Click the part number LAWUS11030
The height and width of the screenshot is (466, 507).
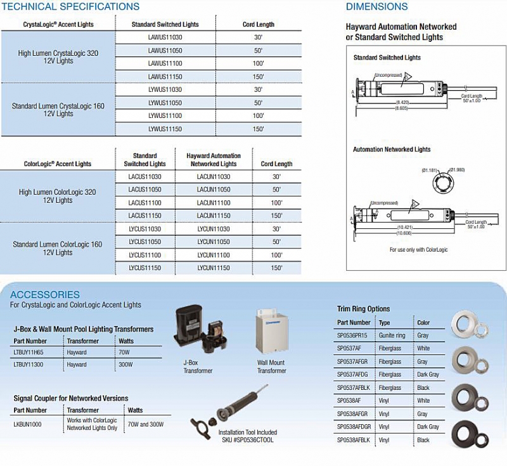(x=165, y=37)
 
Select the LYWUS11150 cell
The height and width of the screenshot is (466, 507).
(x=165, y=129)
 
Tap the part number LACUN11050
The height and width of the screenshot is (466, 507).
(x=214, y=190)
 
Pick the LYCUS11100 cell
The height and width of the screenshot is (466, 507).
(x=144, y=255)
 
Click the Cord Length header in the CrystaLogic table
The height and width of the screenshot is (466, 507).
(x=259, y=25)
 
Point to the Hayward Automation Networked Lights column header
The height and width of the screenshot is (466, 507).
(x=214, y=160)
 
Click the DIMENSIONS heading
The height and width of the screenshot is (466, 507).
(x=376, y=7)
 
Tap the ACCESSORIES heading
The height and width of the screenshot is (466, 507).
(x=45, y=295)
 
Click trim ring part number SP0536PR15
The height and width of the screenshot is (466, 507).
(x=352, y=335)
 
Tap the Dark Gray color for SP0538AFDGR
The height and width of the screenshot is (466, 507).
(x=428, y=427)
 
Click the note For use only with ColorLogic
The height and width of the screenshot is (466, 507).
(x=418, y=250)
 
